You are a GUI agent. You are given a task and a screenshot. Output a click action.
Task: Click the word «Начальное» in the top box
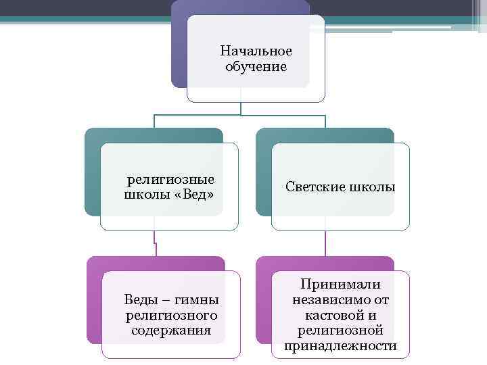click(256, 52)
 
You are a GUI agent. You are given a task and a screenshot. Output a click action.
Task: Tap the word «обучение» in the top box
click(256, 67)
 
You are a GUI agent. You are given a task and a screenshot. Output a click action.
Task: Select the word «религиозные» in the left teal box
click(171, 180)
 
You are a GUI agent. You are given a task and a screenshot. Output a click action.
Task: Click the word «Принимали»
click(341, 285)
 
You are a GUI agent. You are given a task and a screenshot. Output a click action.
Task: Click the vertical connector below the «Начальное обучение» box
click(241, 109)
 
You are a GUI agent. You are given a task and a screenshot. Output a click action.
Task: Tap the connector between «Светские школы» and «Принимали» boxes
click(326, 243)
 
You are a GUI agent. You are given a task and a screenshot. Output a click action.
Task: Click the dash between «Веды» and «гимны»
click(164, 300)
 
